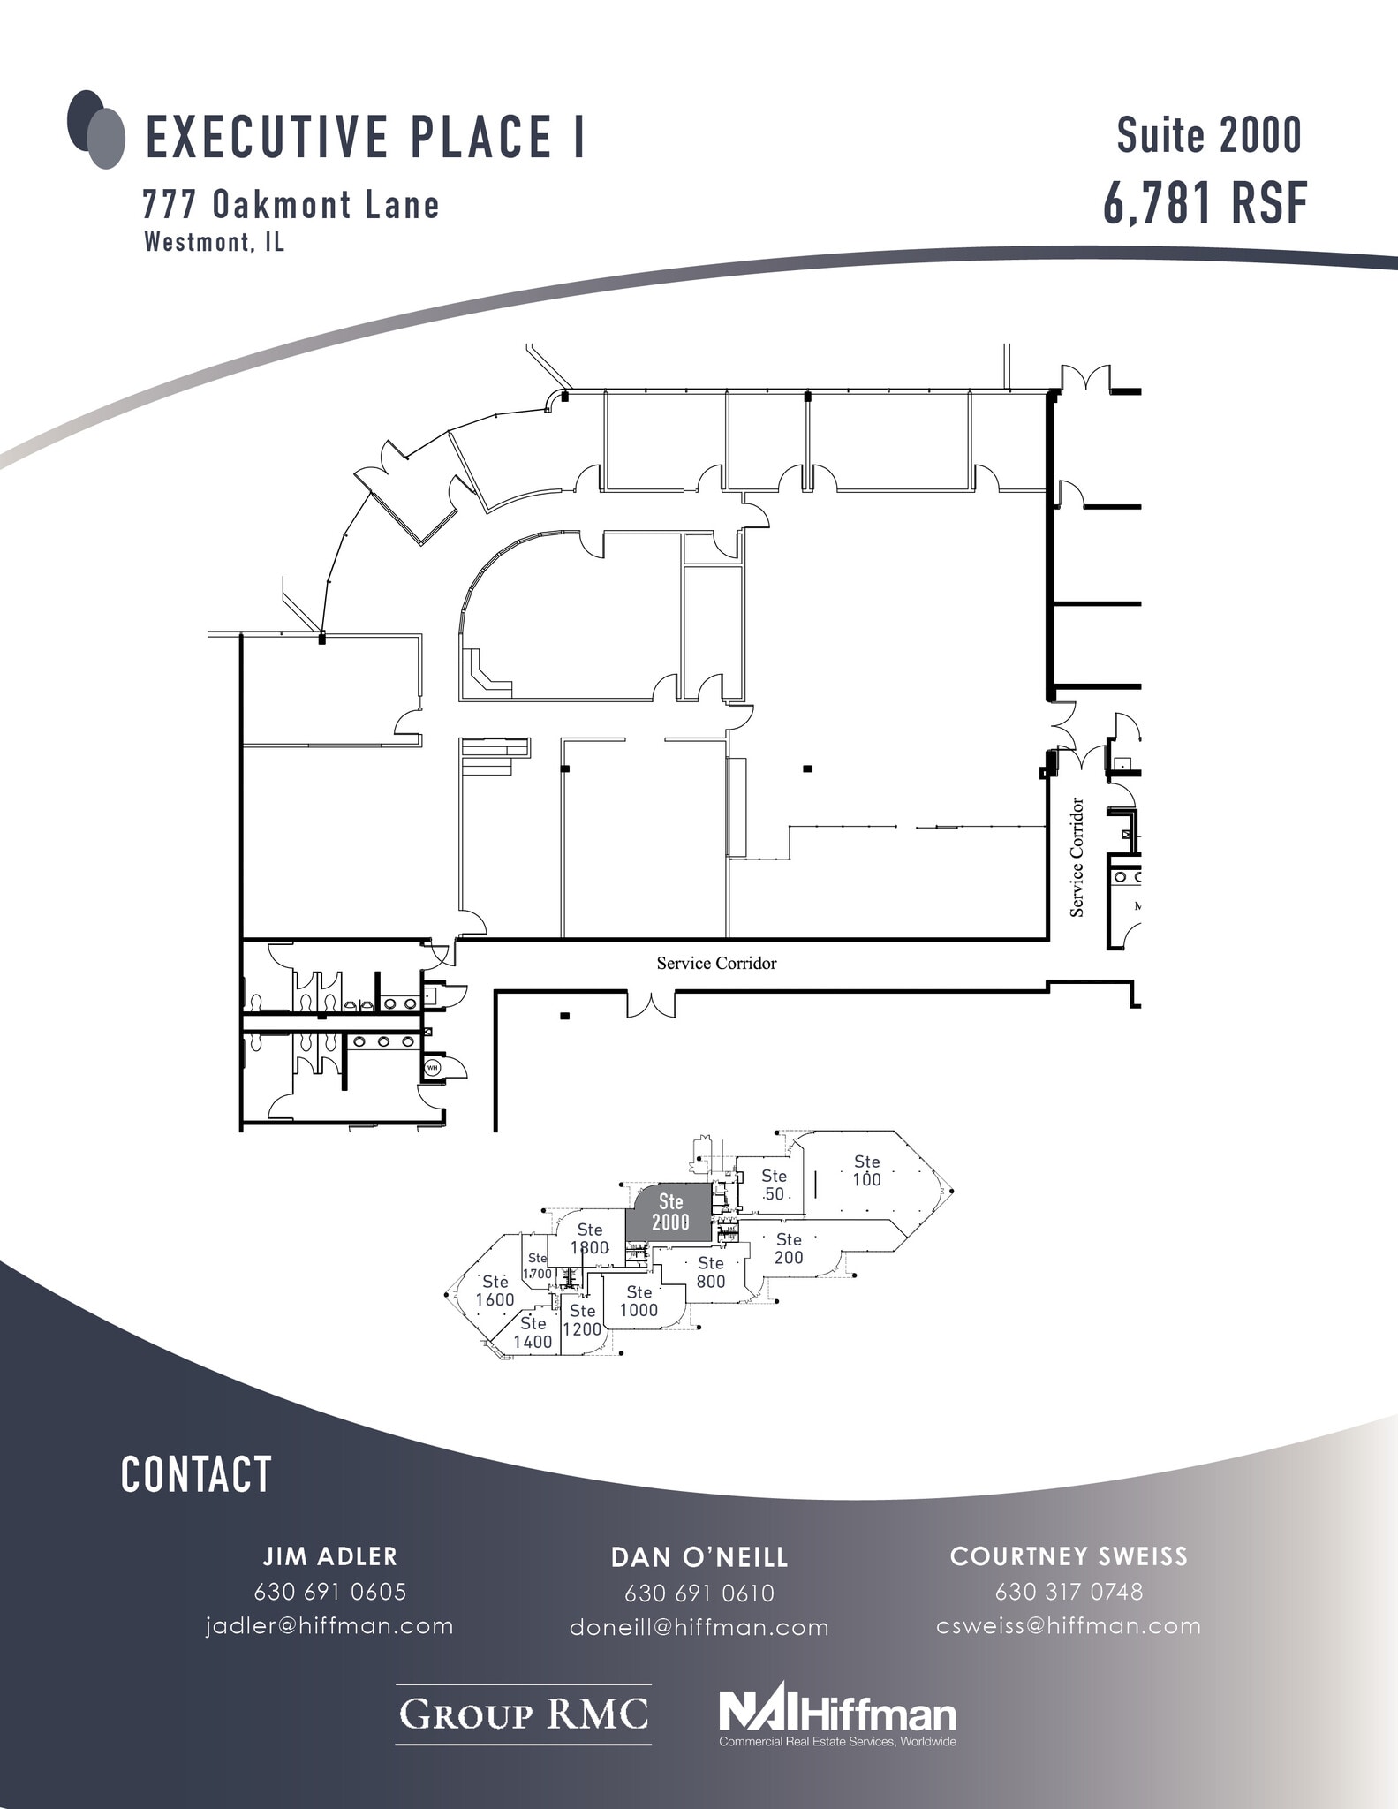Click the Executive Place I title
click(365, 137)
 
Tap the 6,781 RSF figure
click(1205, 203)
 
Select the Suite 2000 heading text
click(1208, 135)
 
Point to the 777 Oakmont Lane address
click(291, 205)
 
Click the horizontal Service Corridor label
click(716, 963)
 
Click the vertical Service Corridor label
click(1077, 857)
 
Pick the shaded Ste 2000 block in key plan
click(669, 1213)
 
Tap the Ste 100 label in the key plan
click(866, 1170)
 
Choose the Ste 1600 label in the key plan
click(495, 1291)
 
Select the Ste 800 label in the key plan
click(710, 1272)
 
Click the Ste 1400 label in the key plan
click(533, 1332)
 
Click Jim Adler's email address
click(329, 1626)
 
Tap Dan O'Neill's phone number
click(699, 1593)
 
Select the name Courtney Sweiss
click(1069, 1556)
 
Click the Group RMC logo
click(524, 1714)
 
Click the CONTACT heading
click(196, 1476)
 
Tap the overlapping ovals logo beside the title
click(95, 129)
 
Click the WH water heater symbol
click(433, 1067)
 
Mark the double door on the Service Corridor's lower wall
click(651, 1004)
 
